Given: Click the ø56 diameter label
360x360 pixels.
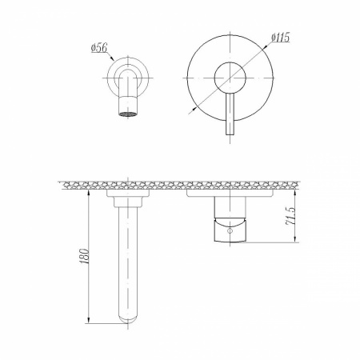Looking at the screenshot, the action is tap(99, 48).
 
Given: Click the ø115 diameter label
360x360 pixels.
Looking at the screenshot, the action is tap(280, 38).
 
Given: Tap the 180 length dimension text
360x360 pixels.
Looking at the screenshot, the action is tap(84, 256).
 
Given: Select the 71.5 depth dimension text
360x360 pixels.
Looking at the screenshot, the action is tap(290, 216).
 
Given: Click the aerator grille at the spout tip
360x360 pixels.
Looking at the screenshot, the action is tap(128, 114).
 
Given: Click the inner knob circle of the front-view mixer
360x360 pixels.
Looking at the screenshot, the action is tap(230, 78).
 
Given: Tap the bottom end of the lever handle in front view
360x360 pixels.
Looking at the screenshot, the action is tap(230, 134).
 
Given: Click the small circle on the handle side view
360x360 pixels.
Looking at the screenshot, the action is tap(230, 230).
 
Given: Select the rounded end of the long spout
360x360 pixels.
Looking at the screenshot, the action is tap(128, 320).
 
